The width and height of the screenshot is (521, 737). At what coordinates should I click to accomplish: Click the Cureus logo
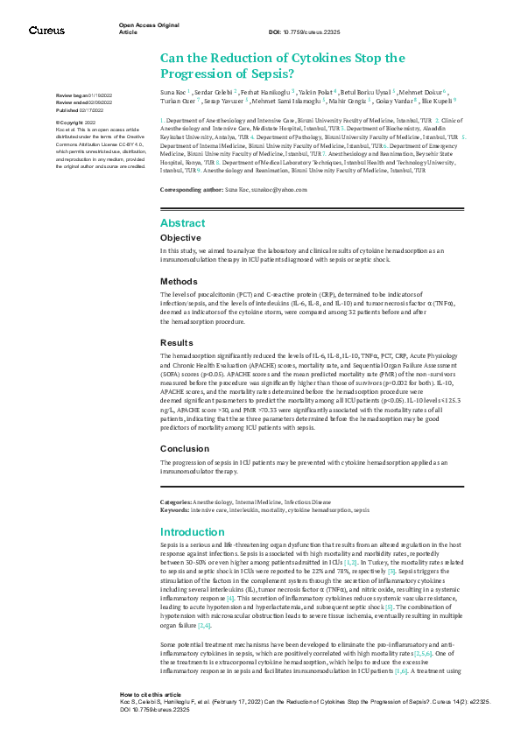pos(46,30)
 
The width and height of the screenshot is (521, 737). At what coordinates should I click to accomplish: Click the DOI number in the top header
pos(306,31)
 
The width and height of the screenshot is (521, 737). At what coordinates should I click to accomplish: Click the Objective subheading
pos(180,237)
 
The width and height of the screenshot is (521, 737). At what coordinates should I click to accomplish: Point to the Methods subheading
pos(178,281)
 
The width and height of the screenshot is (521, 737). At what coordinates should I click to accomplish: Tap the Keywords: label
pos(174,509)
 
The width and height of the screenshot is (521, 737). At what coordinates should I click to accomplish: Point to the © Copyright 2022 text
pos(76,123)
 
